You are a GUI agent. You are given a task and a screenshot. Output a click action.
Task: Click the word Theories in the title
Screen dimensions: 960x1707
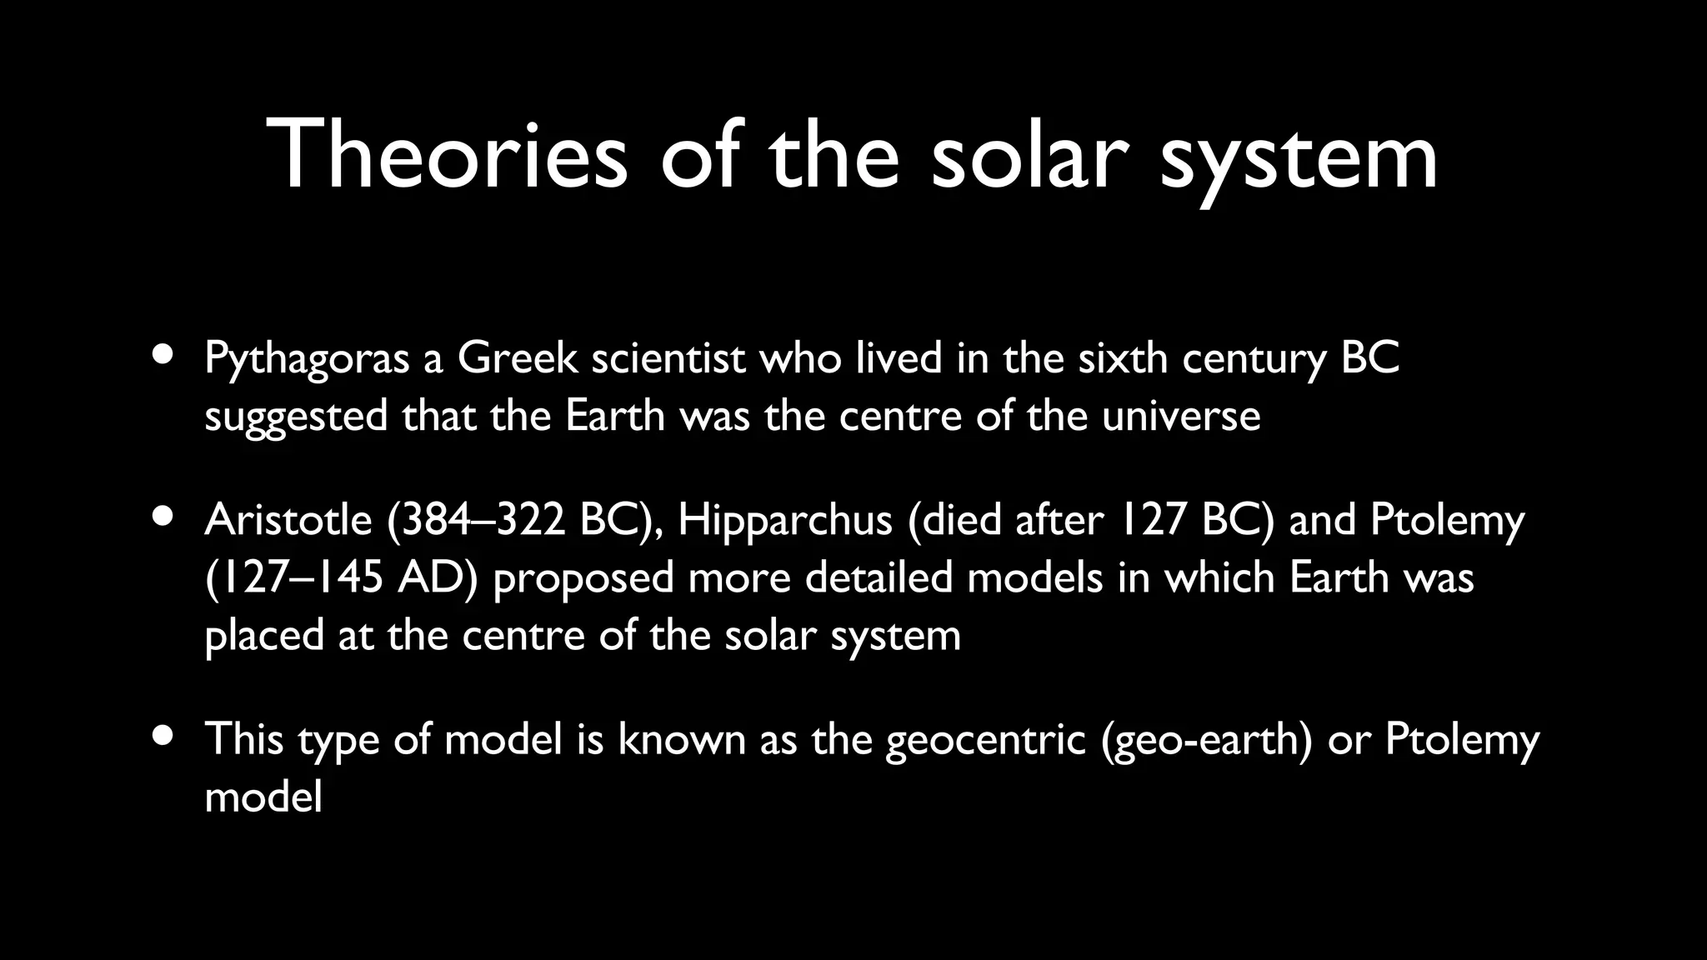(446, 156)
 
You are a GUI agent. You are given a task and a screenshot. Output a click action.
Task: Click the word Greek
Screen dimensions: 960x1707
(517, 358)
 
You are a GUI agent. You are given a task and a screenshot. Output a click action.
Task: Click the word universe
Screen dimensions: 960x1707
(1181, 416)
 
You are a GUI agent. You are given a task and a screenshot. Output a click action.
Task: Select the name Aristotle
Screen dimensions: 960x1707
(288, 520)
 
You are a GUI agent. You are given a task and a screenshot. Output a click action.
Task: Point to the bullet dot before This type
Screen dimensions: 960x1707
(164, 734)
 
